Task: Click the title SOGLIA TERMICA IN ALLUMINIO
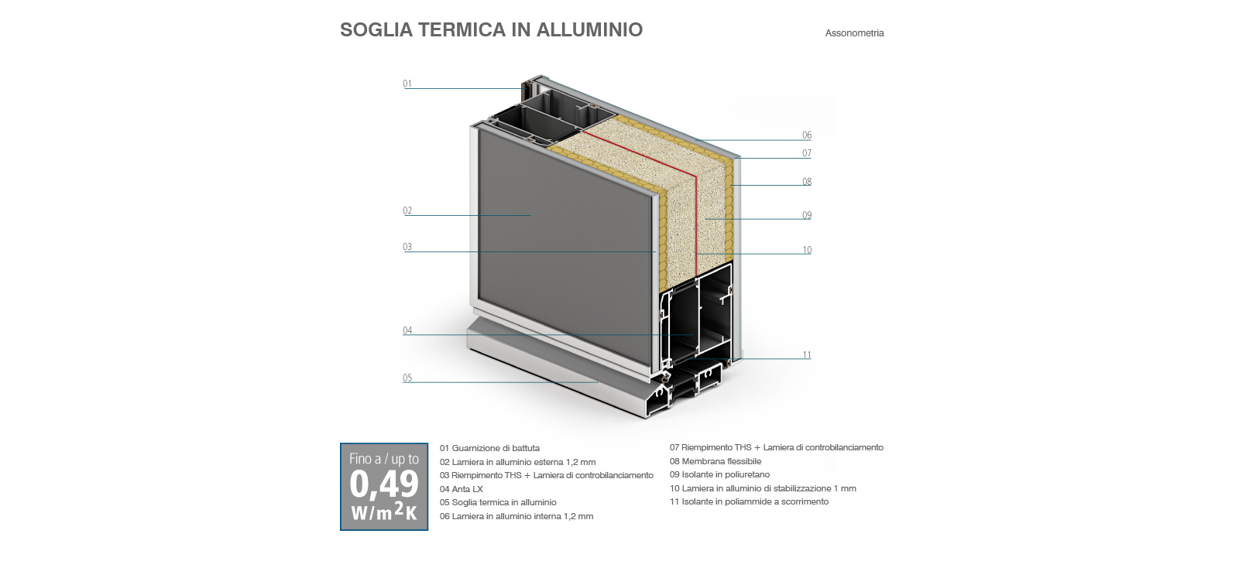point(491,29)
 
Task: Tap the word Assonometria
point(855,33)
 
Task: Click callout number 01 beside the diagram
point(407,84)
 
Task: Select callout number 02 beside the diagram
point(407,210)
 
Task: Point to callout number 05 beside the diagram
point(407,378)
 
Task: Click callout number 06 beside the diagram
point(807,135)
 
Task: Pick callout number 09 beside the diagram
point(807,215)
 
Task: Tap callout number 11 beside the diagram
point(807,355)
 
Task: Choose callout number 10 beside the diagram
point(807,250)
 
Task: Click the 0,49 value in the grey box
point(384,484)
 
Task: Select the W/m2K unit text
point(384,511)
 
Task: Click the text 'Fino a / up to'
point(384,460)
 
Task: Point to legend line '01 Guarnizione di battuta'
point(489,448)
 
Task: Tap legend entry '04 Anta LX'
point(462,489)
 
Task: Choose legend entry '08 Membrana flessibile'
point(716,461)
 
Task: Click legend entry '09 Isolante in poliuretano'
point(719,475)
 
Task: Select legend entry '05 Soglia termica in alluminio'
point(498,502)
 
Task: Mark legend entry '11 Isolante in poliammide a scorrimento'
point(749,502)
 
